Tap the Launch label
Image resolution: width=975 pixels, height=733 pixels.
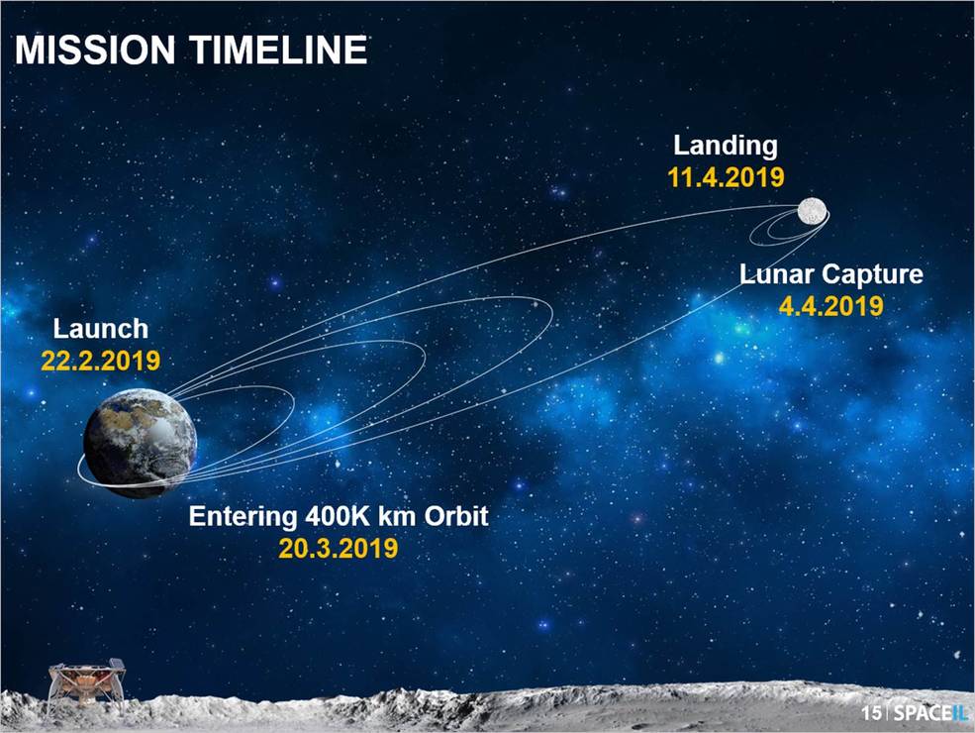(100, 329)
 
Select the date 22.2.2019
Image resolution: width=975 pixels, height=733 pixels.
(100, 359)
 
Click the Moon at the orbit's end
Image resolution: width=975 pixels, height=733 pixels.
(814, 211)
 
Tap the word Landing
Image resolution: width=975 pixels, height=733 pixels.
(726, 146)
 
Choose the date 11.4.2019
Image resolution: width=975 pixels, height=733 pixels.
(726, 177)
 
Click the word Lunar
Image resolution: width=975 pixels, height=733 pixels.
(773, 273)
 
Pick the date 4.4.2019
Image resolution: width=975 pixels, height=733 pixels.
(830, 305)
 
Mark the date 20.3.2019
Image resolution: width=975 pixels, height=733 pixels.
(339, 548)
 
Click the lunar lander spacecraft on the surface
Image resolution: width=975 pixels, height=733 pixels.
(87, 683)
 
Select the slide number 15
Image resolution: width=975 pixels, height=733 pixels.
(870, 713)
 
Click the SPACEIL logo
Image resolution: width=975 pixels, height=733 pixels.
(926, 713)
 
